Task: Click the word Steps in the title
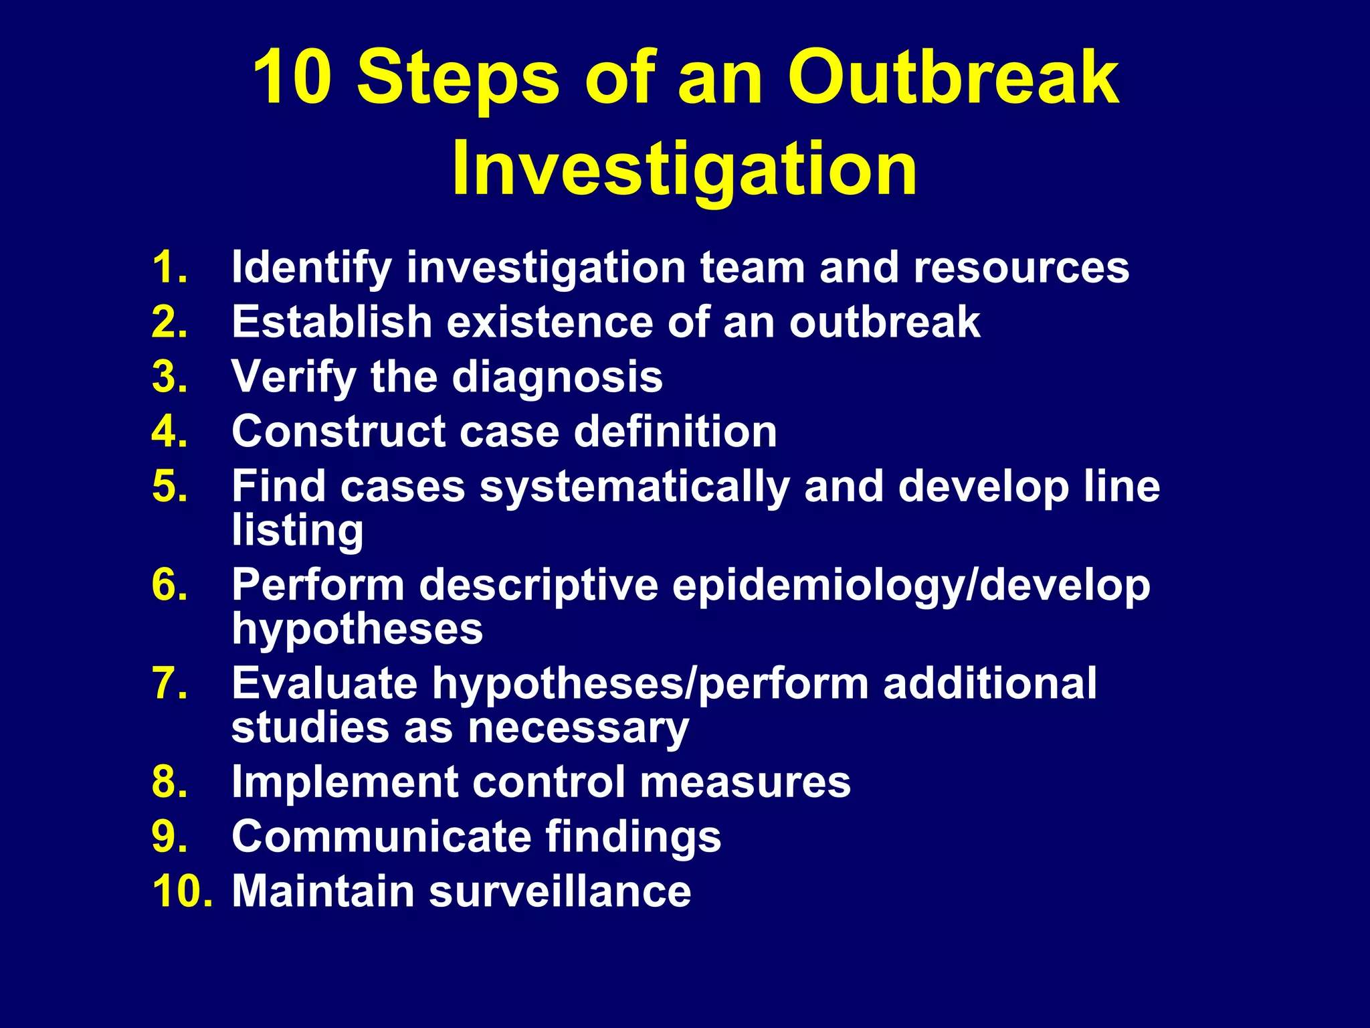[x=458, y=79]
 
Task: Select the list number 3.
[x=169, y=377]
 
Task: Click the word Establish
[x=332, y=322]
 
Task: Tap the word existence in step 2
[x=549, y=322]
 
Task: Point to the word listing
[x=298, y=531]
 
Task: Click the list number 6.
[x=169, y=585]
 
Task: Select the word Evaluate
[x=324, y=683]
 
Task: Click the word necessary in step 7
[x=578, y=728]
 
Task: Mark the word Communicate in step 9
[x=381, y=837]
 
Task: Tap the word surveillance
[x=560, y=891]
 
